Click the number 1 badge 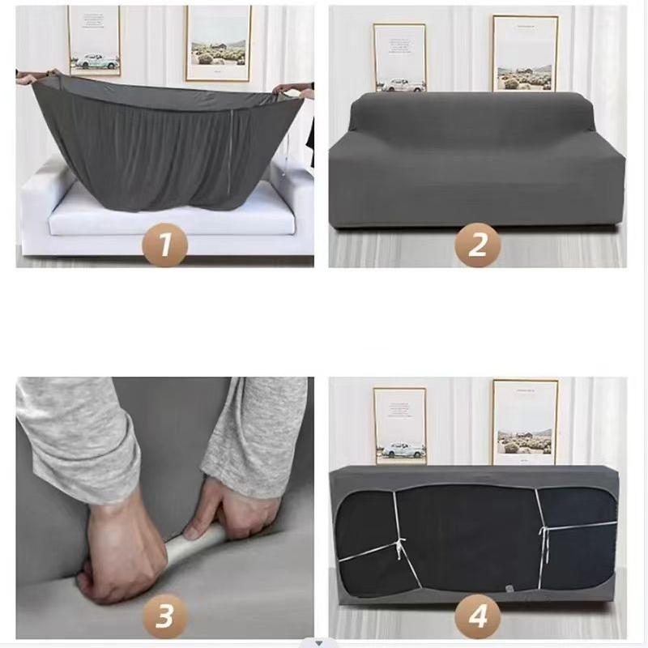[165, 243]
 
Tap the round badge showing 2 [477, 244]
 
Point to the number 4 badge [477, 616]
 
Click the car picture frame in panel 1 [94, 40]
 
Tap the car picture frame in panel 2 [399, 57]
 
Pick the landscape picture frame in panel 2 [525, 53]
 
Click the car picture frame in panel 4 [399, 424]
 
